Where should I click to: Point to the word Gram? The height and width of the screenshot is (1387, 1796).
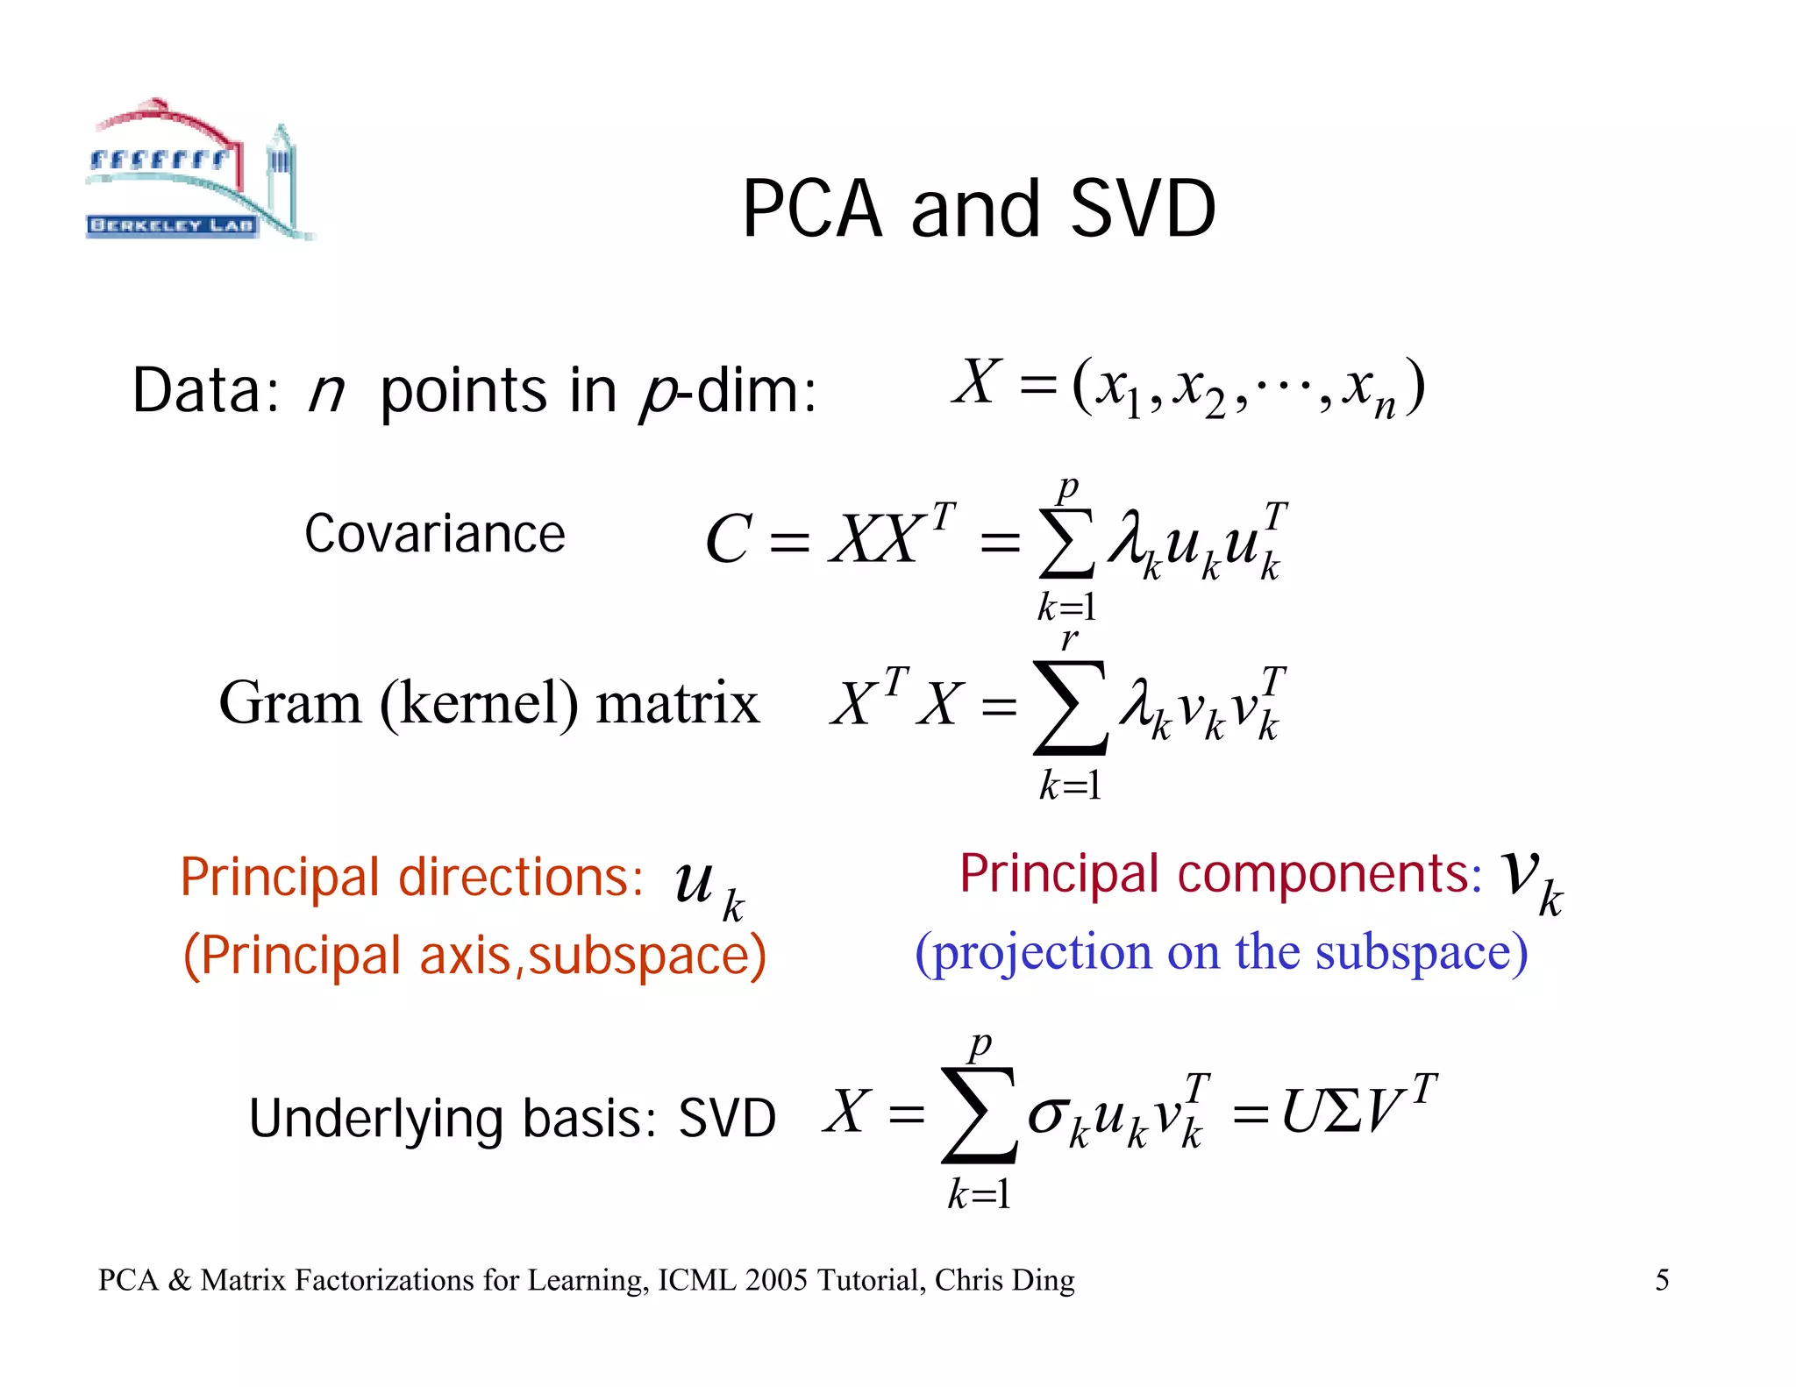290,703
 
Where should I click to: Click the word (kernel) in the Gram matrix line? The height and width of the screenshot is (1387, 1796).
479,704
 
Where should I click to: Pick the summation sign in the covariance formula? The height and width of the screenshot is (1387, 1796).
1066,544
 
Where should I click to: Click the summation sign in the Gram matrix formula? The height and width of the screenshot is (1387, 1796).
1070,708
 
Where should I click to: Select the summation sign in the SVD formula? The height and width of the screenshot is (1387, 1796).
979,1115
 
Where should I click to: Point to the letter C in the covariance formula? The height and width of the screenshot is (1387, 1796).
728,539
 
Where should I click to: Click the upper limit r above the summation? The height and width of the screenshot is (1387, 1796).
1069,637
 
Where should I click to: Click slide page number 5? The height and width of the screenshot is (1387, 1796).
1662,1280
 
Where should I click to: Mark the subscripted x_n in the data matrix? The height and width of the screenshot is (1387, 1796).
1372,391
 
